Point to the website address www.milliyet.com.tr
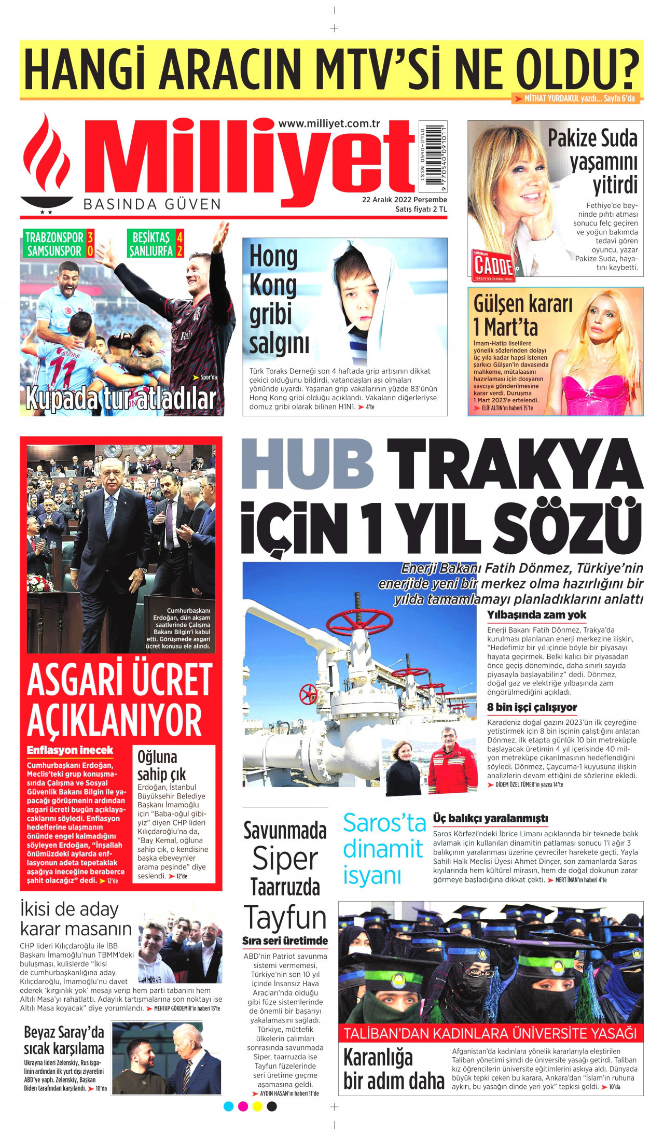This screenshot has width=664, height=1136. click(329, 123)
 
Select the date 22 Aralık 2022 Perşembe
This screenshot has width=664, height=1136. click(404, 200)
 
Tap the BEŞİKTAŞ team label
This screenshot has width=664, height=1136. click(151, 238)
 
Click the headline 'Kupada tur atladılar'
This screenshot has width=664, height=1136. click(121, 399)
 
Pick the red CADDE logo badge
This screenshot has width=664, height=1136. click(493, 265)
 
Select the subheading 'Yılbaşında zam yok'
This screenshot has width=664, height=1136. click(536, 615)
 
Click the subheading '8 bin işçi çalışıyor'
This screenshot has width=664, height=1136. click(532, 707)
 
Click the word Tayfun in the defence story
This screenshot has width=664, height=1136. click(285, 918)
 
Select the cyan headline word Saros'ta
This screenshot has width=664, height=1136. click(384, 823)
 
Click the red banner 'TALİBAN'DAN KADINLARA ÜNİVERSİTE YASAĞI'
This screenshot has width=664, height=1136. click(490, 1033)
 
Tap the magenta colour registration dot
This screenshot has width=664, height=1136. click(243, 1106)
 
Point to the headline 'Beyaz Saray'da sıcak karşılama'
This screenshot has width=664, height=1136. click(64, 1040)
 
